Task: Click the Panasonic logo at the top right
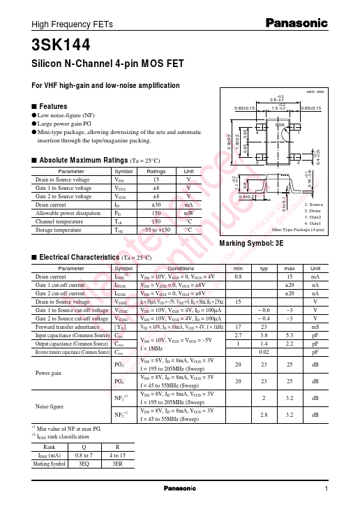297,24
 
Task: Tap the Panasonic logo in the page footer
179,488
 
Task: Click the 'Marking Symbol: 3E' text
252,242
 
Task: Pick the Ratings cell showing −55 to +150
156,229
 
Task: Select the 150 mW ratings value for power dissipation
156,212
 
